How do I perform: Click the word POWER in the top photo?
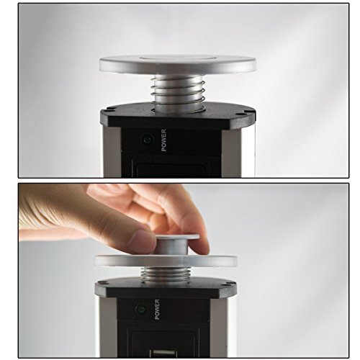163,140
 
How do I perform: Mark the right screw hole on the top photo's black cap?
247,112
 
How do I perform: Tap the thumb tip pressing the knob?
141,240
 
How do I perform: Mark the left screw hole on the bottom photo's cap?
108,283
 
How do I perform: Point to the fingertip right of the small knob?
202,246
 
